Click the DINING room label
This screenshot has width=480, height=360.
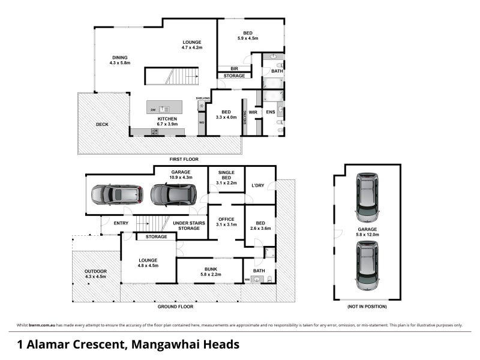pyautogui.click(x=120, y=60)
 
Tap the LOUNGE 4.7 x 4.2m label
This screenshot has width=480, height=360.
pyautogui.click(x=192, y=44)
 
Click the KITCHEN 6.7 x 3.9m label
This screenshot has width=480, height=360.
pyautogui.click(x=167, y=122)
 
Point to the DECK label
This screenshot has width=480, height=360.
pyautogui.click(x=102, y=125)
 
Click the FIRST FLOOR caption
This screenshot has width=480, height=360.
pyautogui.click(x=184, y=159)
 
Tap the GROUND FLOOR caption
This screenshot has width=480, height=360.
pyautogui.click(x=175, y=306)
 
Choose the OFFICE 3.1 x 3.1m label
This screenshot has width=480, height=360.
pyautogui.click(x=226, y=221)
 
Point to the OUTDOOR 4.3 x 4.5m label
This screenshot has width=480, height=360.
pyautogui.click(x=95, y=274)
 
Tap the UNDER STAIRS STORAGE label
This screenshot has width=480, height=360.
pyautogui.click(x=187, y=226)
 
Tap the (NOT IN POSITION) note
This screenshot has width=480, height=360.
pyautogui.click(x=367, y=307)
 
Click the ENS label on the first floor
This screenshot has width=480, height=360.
pyautogui.click(x=270, y=112)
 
